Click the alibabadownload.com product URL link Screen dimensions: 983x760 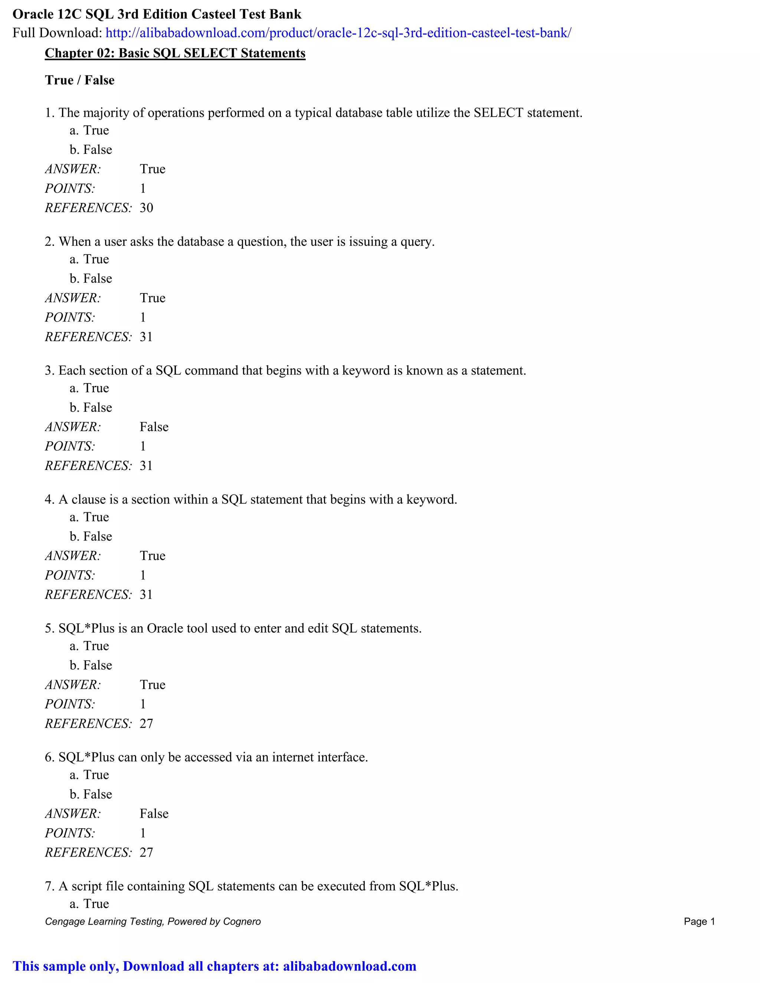[338, 33]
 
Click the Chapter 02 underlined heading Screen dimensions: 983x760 [175, 53]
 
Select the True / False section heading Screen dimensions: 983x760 [80, 80]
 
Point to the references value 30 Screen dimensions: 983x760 [146, 208]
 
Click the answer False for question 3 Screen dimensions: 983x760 [154, 427]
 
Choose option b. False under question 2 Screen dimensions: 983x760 [91, 279]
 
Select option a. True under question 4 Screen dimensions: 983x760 [89, 517]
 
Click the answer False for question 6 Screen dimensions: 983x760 [154, 814]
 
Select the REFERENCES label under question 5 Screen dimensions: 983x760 [88, 724]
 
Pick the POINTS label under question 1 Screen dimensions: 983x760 [70, 188]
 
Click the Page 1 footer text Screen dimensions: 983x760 [699, 921]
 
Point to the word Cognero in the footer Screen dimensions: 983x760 [242, 921]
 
